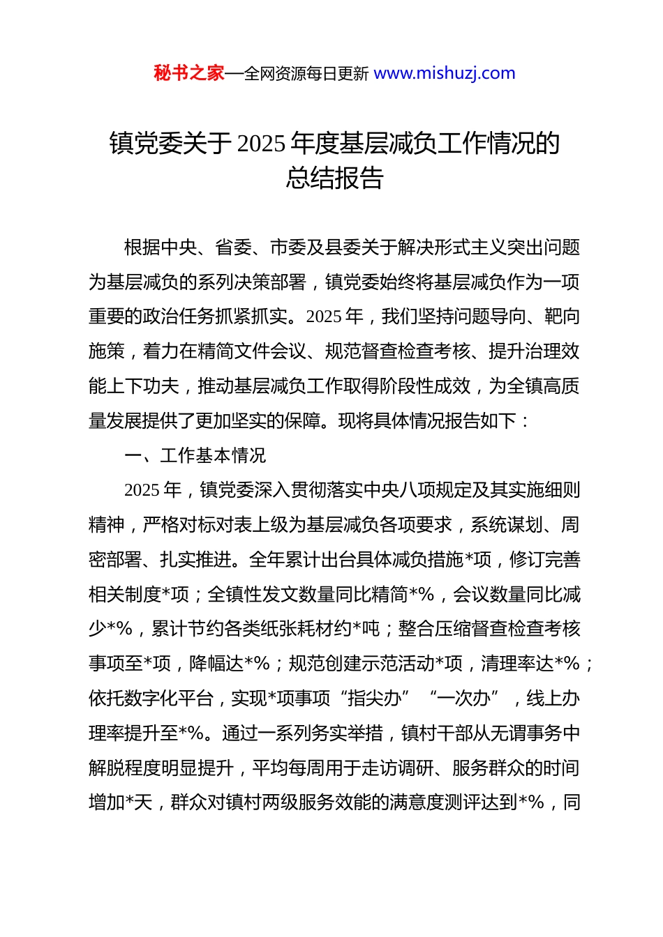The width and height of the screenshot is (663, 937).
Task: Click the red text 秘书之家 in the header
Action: coord(188,73)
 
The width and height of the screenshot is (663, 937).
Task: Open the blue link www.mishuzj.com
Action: coord(445,73)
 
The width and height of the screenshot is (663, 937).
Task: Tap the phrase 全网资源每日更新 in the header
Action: coord(306,74)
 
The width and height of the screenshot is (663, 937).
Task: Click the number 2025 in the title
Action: coord(261,144)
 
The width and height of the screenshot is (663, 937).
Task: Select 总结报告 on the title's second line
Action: coord(334,178)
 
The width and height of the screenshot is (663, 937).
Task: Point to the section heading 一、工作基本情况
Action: coord(195,455)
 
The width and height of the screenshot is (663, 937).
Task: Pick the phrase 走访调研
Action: coord(397,768)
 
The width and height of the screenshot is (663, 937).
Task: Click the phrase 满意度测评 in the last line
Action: coord(472,803)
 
